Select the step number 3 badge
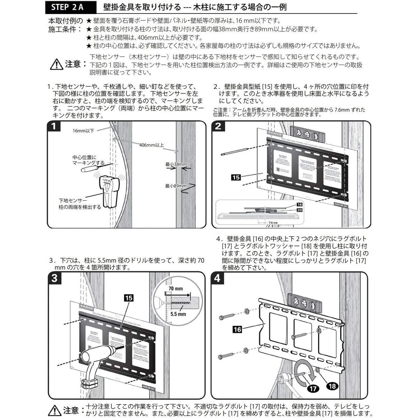tap(55, 278)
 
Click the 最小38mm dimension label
tap(176, 164)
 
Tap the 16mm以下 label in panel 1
tap(83, 131)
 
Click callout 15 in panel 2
tap(236, 177)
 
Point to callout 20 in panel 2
tap(299, 210)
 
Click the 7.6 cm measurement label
tap(273, 222)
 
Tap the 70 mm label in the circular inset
tap(175, 289)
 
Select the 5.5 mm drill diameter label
tap(178, 314)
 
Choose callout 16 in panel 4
tap(237, 329)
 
